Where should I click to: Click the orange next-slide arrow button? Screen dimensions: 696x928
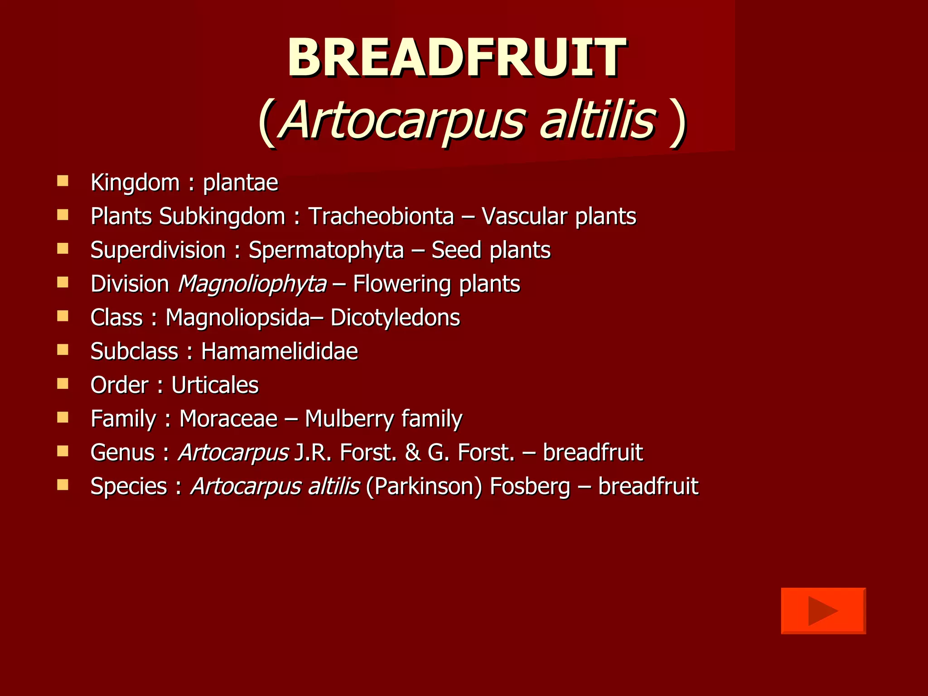(x=823, y=610)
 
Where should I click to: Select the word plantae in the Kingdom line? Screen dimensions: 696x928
(x=240, y=183)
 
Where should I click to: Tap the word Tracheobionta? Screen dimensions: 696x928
(x=381, y=216)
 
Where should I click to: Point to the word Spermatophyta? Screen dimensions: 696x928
(x=326, y=250)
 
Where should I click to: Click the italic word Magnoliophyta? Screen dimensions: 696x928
(x=252, y=284)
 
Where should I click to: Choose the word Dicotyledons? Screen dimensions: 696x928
(x=395, y=317)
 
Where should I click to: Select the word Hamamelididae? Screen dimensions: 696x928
(x=279, y=351)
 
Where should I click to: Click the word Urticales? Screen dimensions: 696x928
(x=215, y=385)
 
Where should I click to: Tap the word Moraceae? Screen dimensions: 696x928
(x=228, y=418)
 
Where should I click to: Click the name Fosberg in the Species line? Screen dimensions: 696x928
(x=530, y=486)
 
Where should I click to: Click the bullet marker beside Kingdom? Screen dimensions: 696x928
(x=63, y=181)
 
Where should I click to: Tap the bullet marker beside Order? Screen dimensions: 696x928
(x=63, y=384)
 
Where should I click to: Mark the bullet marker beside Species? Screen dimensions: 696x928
(x=63, y=485)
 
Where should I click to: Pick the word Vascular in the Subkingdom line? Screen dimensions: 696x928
(x=523, y=216)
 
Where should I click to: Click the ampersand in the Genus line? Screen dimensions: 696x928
(x=412, y=452)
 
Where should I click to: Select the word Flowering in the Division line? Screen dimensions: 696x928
(x=401, y=284)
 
